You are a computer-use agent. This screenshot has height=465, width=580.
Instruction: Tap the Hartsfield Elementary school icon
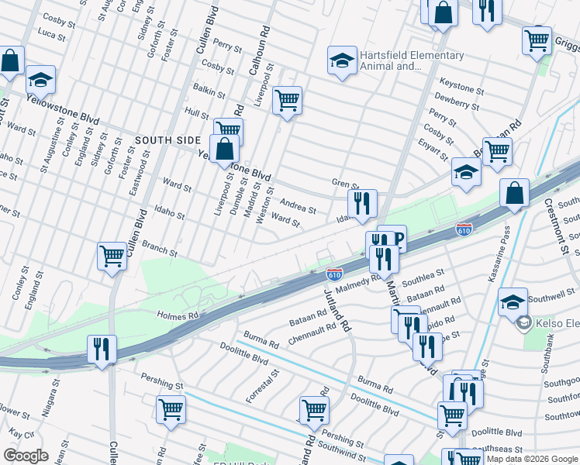coord(340,60)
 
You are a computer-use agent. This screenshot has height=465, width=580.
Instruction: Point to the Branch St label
coord(160,248)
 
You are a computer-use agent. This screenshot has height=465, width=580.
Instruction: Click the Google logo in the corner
coord(26,456)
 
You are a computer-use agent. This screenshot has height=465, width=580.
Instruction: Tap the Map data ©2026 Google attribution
coord(532,459)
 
